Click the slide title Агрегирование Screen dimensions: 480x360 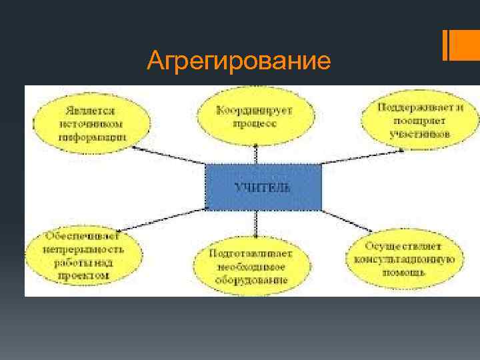coord(239,61)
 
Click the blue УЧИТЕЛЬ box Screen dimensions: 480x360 coord(263,187)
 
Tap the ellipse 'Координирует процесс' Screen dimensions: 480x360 coord(255,116)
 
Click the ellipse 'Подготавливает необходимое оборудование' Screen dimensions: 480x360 coord(252,267)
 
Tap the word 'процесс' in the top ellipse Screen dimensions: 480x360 coord(255,123)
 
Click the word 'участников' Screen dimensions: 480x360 coord(420,133)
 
